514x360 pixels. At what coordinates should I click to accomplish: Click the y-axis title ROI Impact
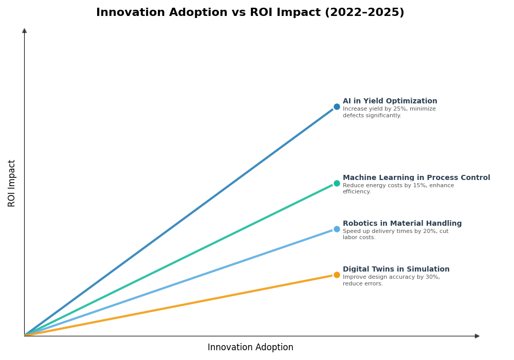click(x=12, y=183)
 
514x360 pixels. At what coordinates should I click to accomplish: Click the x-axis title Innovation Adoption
click(x=250, y=348)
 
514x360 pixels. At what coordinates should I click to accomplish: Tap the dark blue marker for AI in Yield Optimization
click(x=337, y=107)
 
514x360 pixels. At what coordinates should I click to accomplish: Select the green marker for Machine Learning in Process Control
click(x=337, y=183)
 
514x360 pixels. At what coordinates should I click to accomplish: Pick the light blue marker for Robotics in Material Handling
click(x=337, y=229)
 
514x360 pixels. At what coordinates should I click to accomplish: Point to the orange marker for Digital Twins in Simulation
click(x=337, y=275)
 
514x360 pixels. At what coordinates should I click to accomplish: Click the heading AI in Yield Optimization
click(x=390, y=101)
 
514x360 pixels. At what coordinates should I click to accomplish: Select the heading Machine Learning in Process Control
click(x=416, y=178)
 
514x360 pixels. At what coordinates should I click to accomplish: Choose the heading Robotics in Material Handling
click(x=402, y=224)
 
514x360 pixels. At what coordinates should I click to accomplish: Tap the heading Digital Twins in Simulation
click(x=396, y=269)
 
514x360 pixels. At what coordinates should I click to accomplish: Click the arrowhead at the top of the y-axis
click(x=24, y=31)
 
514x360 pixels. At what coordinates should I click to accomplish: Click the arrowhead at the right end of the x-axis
click(x=477, y=336)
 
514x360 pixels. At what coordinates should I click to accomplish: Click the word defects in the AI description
click(x=353, y=116)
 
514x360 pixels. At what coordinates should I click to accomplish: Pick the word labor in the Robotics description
click(x=350, y=238)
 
